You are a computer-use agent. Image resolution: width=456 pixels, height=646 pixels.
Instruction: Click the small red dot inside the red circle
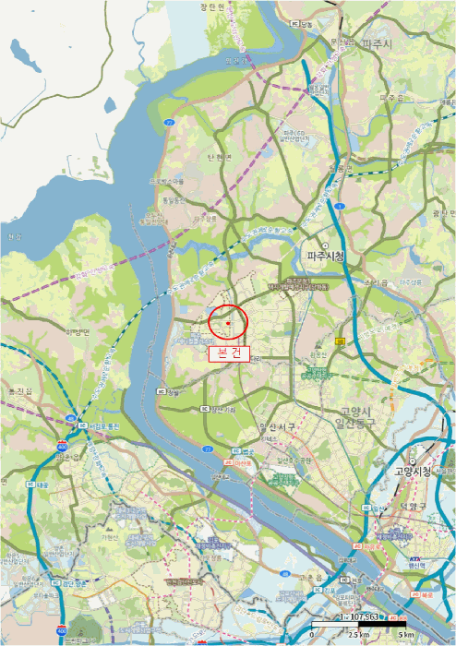(228, 323)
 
